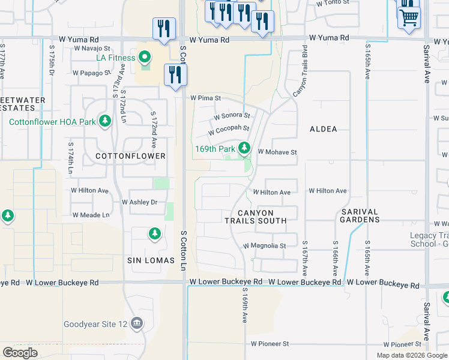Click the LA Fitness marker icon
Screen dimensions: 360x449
point(144,58)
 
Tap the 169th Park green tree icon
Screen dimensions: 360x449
point(244,148)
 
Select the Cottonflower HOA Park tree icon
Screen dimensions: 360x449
point(105,121)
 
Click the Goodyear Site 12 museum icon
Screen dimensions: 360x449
point(137,324)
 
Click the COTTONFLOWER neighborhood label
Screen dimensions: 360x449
point(130,156)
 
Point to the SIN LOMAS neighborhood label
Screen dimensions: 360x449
point(151,260)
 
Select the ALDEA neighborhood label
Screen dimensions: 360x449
point(323,129)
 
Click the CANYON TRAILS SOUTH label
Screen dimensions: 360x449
point(256,217)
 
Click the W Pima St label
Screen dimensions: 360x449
point(206,98)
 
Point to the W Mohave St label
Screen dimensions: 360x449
point(277,152)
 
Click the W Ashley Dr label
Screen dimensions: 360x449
point(139,202)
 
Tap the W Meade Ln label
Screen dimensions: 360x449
point(91,215)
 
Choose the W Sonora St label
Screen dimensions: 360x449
point(232,115)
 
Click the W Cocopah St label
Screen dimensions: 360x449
point(229,129)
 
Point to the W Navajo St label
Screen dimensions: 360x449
point(92,49)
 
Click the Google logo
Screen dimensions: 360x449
point(20,353)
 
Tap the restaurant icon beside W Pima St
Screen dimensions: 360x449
point(175,74)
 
